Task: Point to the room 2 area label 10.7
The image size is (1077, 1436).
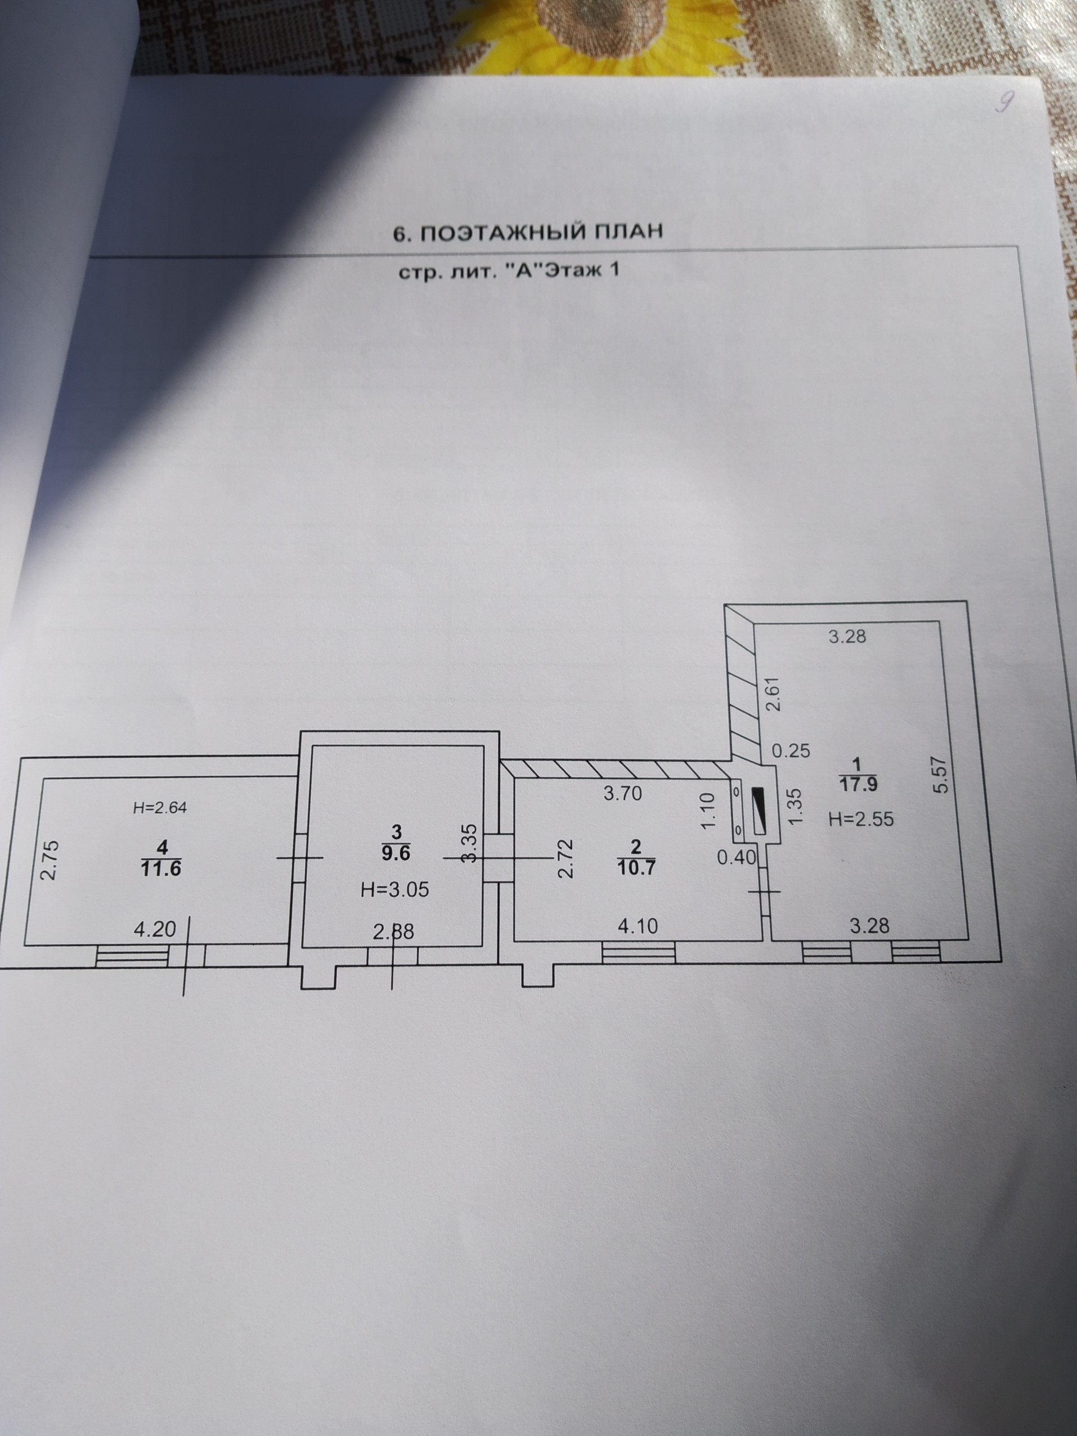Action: tap(637, 867)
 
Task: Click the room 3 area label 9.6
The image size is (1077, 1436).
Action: tap(397, 854)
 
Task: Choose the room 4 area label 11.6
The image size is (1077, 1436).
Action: tap(161, 867)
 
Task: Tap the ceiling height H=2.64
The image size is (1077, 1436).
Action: tap(160, 808)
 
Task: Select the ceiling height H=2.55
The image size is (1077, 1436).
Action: tap(861, 820)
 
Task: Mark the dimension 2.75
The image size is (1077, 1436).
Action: tap(49, 860)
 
